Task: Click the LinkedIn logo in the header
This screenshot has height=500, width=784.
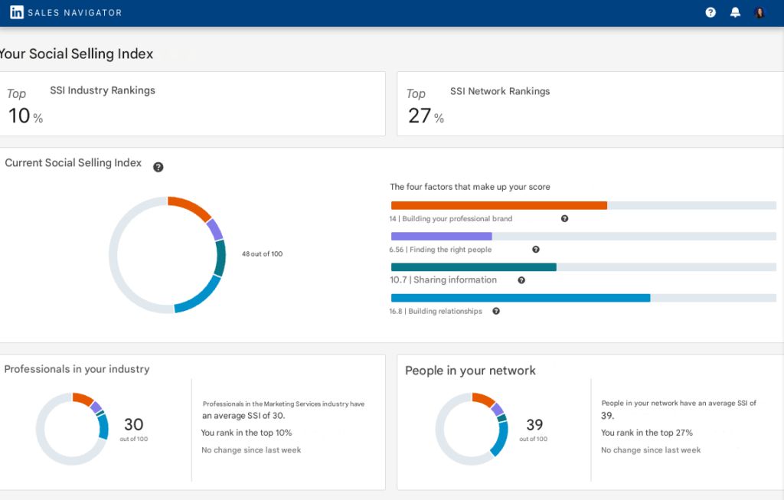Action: tap(16, 12)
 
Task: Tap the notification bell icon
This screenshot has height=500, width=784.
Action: tap(735, 12)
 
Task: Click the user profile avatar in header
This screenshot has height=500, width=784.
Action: tap(759, 12)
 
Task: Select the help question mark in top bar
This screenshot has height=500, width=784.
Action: tap(710, 12)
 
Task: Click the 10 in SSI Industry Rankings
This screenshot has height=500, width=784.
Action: tap(19, 116)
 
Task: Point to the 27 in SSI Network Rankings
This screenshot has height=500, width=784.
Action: tap(420, 116)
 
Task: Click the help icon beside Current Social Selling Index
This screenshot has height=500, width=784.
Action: tap(158, 167)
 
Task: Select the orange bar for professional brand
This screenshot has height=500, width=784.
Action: tap(498, 205)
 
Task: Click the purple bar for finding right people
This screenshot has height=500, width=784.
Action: tap(441, 237)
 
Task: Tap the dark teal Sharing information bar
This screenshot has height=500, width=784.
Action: tap(473, 266)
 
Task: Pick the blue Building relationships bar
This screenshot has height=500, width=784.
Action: tap(520, 297)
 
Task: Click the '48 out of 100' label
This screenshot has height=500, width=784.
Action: tap(262, 253)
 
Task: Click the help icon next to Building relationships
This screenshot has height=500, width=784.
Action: tap(496, 311)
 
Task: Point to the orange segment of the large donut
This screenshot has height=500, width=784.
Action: tap(190, 208)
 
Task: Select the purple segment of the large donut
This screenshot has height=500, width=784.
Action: tap(215, 230)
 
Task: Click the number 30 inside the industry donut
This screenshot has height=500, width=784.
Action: tap(133, 424)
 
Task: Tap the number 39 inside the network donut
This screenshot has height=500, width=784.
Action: tap(534, 424)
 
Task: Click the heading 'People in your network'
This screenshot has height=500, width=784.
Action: tap(470, 371)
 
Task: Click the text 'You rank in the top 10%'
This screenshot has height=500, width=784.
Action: tap(246, 433)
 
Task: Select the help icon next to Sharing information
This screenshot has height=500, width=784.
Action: tap(521, 280)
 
